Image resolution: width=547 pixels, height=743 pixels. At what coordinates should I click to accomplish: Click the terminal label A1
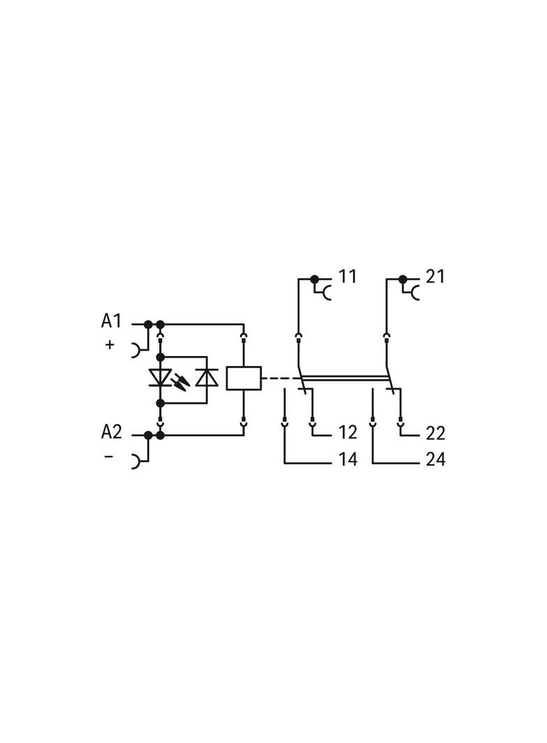[x=111, y=321]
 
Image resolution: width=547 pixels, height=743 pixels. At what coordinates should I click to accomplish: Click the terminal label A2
[x=112, y=431]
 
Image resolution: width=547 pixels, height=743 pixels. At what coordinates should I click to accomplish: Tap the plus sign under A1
[x=110, y=344]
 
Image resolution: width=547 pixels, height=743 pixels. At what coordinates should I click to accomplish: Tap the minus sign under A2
[x=109, y=457]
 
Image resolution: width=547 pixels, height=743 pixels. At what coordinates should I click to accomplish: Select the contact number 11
[x=347, y=276]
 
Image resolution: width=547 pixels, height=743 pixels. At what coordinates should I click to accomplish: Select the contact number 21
[x=435, y=276]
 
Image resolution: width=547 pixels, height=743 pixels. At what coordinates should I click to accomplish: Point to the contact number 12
[x=347, y=432]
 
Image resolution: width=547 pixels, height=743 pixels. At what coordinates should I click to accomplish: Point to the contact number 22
[x=435, y=432]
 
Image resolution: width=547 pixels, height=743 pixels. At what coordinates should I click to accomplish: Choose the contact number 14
[x=347, y=459]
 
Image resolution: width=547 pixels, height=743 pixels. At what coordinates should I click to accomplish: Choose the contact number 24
[x=435, y=459]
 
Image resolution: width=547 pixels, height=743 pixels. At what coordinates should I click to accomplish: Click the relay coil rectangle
[x=244, y=378]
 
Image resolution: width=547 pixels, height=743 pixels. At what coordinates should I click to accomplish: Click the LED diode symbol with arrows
[x=160, y=378]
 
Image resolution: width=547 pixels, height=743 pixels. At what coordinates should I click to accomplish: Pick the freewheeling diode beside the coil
[x=207, y=378]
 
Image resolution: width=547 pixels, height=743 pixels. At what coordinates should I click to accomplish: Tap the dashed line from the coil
[x=281, y=378]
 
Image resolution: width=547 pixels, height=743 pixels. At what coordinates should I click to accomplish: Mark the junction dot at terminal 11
[x=315, y=279]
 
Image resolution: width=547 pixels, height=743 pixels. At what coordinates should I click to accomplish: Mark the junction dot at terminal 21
[x=403, y=279]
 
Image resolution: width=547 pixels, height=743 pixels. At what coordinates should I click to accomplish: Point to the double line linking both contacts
[x=345, y=378]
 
